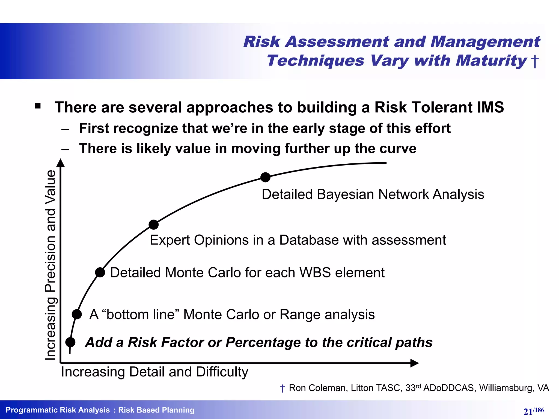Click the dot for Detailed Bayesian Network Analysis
pos(265,177)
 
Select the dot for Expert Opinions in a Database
pos(154,225)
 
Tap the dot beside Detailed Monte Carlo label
pos(100,272)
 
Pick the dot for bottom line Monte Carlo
pos(77,314)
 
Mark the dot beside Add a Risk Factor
pos(70,342)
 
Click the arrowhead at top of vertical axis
pos(61,163)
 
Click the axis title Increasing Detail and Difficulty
pos(154,372)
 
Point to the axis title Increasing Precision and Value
pos(50,265)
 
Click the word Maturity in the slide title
pos(491,60)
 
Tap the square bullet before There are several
pos(38,106)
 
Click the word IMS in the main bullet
pos(490,107)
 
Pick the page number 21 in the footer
pos(528,411)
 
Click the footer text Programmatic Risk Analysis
pos(58,410)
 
